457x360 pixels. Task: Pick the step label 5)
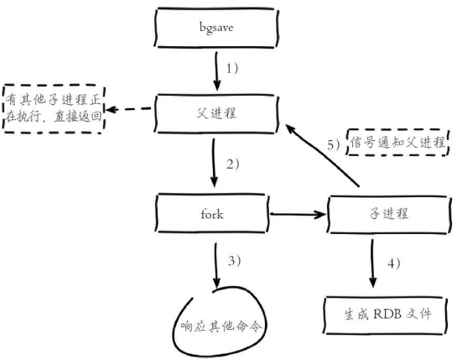pyautogui.click(x=332, y=143)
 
